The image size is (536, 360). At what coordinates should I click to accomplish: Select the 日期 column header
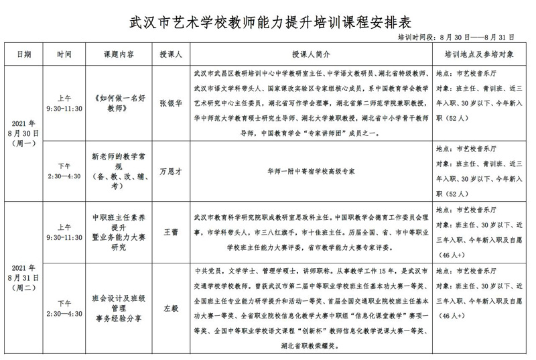click(x=23, y=54)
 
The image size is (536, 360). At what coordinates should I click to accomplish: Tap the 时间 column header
click(x=64, y=54)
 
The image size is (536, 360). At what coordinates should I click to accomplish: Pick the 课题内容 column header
click(x=118, y=54)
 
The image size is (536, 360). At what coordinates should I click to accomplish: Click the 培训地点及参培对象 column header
click(x=480, y=54)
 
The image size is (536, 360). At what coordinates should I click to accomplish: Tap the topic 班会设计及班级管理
click(x=118, y=302)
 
